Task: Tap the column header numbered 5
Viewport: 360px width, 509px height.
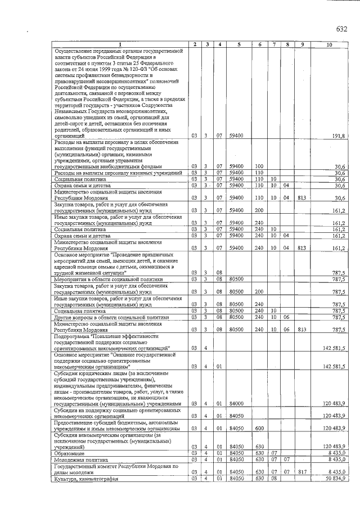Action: pos(239,44)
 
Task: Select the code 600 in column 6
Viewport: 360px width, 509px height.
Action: pos(259,428)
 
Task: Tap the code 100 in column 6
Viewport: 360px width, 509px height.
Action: pos(259,166)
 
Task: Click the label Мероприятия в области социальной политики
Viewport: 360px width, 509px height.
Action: pos(107,279)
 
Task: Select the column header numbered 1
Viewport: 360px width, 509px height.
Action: pos(119,44)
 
